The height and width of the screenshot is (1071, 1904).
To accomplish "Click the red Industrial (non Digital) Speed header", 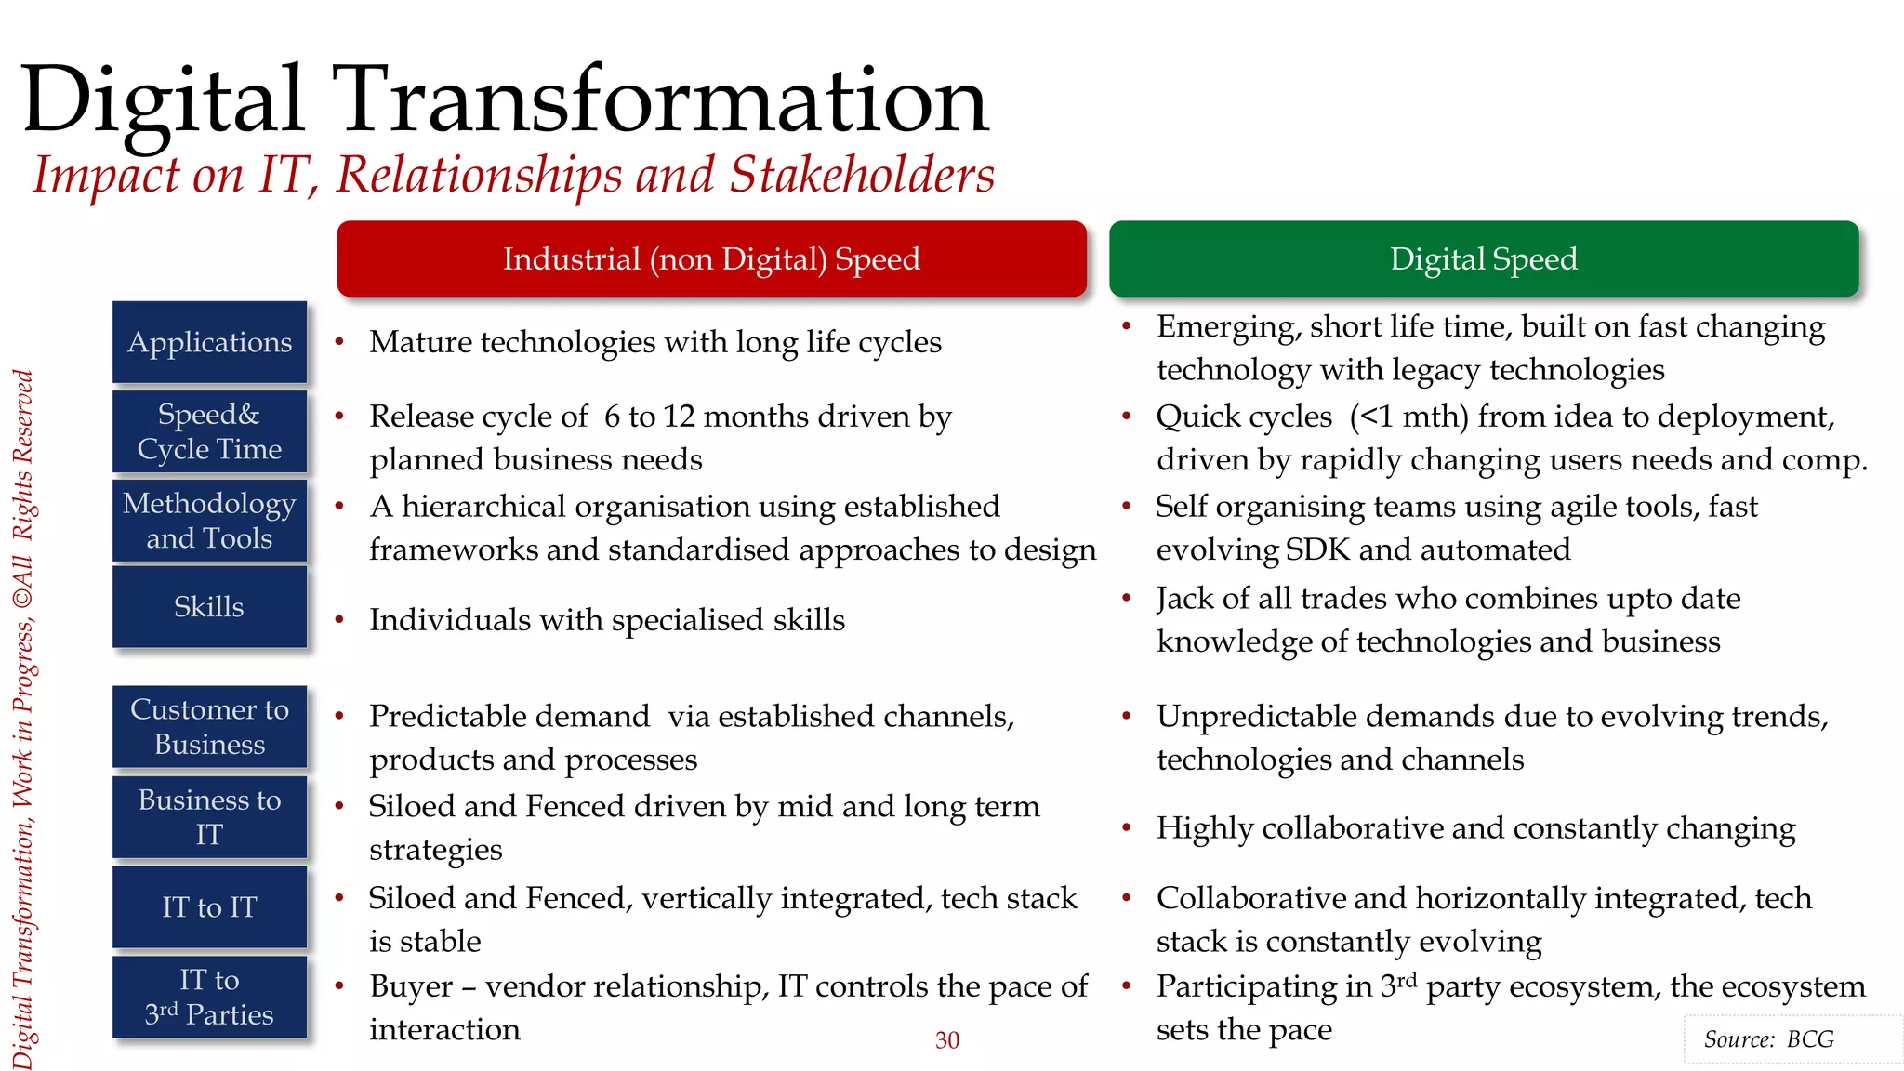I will [711, 258].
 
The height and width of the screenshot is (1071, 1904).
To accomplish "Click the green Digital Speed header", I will [1484, 258].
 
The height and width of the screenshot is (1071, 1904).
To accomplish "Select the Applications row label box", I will [209, 342].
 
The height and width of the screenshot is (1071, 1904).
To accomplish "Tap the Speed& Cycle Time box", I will [209, 431].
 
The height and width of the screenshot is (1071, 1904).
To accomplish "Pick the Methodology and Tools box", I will [209, 521].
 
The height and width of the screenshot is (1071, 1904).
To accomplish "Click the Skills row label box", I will [209, 607].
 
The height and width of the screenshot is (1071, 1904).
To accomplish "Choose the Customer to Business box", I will [209, 727].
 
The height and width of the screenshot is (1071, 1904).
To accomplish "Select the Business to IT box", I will [209, 817].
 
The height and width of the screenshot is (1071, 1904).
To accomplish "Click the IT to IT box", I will [209, 907].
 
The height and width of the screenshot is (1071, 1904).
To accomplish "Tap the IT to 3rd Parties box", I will [209, 997].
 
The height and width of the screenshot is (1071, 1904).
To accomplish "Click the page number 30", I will [946, 1040].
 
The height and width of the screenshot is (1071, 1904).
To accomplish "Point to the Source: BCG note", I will [1768, 1039].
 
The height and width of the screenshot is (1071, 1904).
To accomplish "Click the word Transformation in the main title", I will [660, 99].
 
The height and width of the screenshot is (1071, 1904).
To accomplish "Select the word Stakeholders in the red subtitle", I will [862, 175].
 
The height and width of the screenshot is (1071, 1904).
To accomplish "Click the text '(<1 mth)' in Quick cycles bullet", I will [1408, 416].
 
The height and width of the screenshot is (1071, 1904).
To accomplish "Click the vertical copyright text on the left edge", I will [23, 721].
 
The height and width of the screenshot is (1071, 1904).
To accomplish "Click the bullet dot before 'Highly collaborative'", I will [1126, 827].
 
